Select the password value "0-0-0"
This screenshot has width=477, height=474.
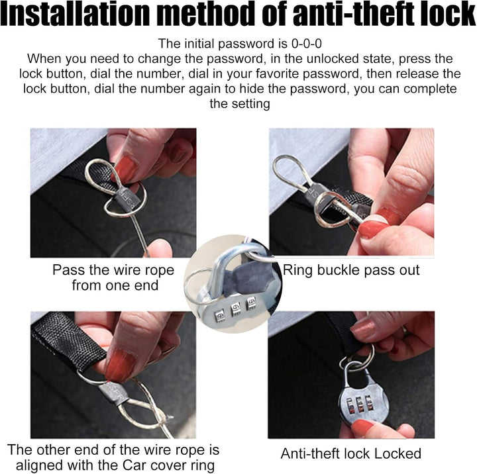tap(306, 44)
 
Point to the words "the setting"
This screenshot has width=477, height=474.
tap(240, 104)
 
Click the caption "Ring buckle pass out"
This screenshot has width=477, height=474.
tap(351, 270)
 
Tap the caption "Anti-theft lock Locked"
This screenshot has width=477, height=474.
tap(350, 453)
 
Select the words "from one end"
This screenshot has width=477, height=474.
tap(115, 285)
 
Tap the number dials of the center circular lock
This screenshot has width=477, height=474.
tap(235, 308)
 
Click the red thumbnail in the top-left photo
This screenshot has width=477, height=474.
tap(127, 169)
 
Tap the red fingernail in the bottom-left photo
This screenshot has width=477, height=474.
tap(119, 366)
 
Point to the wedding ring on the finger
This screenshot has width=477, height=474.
tap(405, 330)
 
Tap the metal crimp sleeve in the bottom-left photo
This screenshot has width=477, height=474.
tap(112, 393)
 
